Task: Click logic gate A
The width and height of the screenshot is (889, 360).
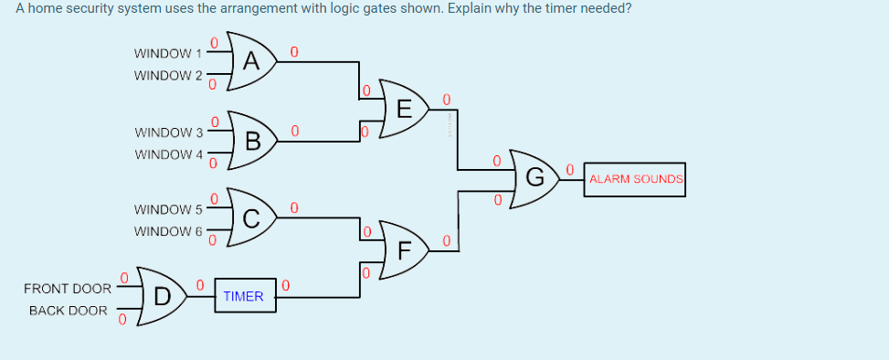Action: click(251, 62)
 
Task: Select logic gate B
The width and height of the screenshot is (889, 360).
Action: click(252, 140)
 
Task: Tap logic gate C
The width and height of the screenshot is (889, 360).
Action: click(251, 217)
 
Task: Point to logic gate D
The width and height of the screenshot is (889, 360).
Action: click(161, 295)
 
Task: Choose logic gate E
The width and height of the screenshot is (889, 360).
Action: click(403, 111)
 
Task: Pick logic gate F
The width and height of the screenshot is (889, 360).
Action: click(403, 249)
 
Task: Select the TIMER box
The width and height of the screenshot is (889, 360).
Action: click(244, 296)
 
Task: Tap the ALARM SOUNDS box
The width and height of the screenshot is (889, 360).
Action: click(636, 179)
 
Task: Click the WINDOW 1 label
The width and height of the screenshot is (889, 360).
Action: click(166, 53)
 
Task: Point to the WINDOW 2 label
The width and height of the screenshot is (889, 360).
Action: click(166, 75)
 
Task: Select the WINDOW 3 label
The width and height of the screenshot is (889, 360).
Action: click(166, 132)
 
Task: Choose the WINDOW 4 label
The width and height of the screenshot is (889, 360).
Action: click(166, 154)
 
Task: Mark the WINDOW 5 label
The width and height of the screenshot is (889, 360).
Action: click(166, 209)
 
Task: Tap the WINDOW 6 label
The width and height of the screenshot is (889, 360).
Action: click(166, 231)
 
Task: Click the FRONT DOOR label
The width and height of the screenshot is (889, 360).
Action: click(67, 289)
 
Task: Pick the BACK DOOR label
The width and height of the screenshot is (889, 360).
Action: click(69, 311)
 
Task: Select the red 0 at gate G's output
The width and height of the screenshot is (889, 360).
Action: click(569, 169)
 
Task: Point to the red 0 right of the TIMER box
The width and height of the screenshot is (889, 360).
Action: click(286, 287)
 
